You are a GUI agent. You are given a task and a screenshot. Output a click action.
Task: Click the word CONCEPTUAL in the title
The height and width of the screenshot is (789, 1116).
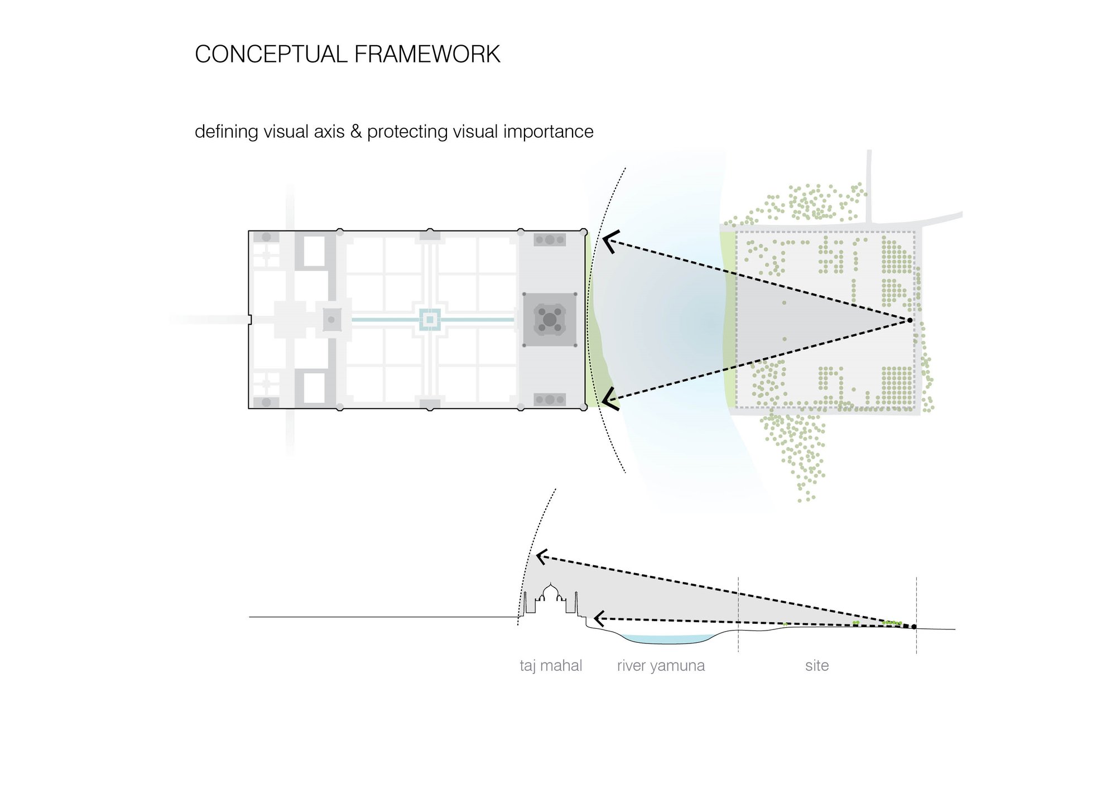click(271, 54)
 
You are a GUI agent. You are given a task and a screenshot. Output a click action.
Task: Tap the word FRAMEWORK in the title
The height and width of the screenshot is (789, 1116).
click(427, 54)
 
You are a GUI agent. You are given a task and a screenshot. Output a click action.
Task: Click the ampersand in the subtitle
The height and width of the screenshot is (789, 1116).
click(356, 131)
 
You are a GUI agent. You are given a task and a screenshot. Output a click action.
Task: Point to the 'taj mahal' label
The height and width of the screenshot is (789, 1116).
click(551, 665)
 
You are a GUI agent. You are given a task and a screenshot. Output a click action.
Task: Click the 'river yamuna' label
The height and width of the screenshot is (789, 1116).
click(661, 666)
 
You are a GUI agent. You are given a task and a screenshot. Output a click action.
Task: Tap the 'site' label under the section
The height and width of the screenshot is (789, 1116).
click(817, 665)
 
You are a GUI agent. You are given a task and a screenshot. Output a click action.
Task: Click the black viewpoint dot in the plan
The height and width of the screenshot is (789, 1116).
click(910, 320)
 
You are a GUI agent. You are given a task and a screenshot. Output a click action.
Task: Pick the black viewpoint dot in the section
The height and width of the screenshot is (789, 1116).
click(914, 627)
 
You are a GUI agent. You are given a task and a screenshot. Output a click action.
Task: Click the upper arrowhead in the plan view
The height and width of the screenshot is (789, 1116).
click(610, 242)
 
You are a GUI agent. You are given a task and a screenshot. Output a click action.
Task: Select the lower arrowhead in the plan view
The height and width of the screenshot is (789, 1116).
click(609, 398)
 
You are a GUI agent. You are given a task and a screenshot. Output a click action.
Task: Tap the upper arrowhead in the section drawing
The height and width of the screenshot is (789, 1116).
click(541, 556)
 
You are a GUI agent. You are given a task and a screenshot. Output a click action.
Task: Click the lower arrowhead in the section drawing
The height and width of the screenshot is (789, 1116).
click(599, 618)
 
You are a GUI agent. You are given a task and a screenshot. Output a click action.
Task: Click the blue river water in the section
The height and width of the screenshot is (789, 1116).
click(668, 639)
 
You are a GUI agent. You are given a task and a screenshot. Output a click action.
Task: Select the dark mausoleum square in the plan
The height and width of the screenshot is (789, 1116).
click(550, 320)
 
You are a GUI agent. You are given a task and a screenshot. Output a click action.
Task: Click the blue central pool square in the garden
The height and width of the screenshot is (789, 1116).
click(430, 320)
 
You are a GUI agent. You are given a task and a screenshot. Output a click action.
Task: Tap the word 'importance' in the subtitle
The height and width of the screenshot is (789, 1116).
click(548, 132)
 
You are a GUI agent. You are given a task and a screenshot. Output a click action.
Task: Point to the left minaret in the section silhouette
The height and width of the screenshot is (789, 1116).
click(525, 603)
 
